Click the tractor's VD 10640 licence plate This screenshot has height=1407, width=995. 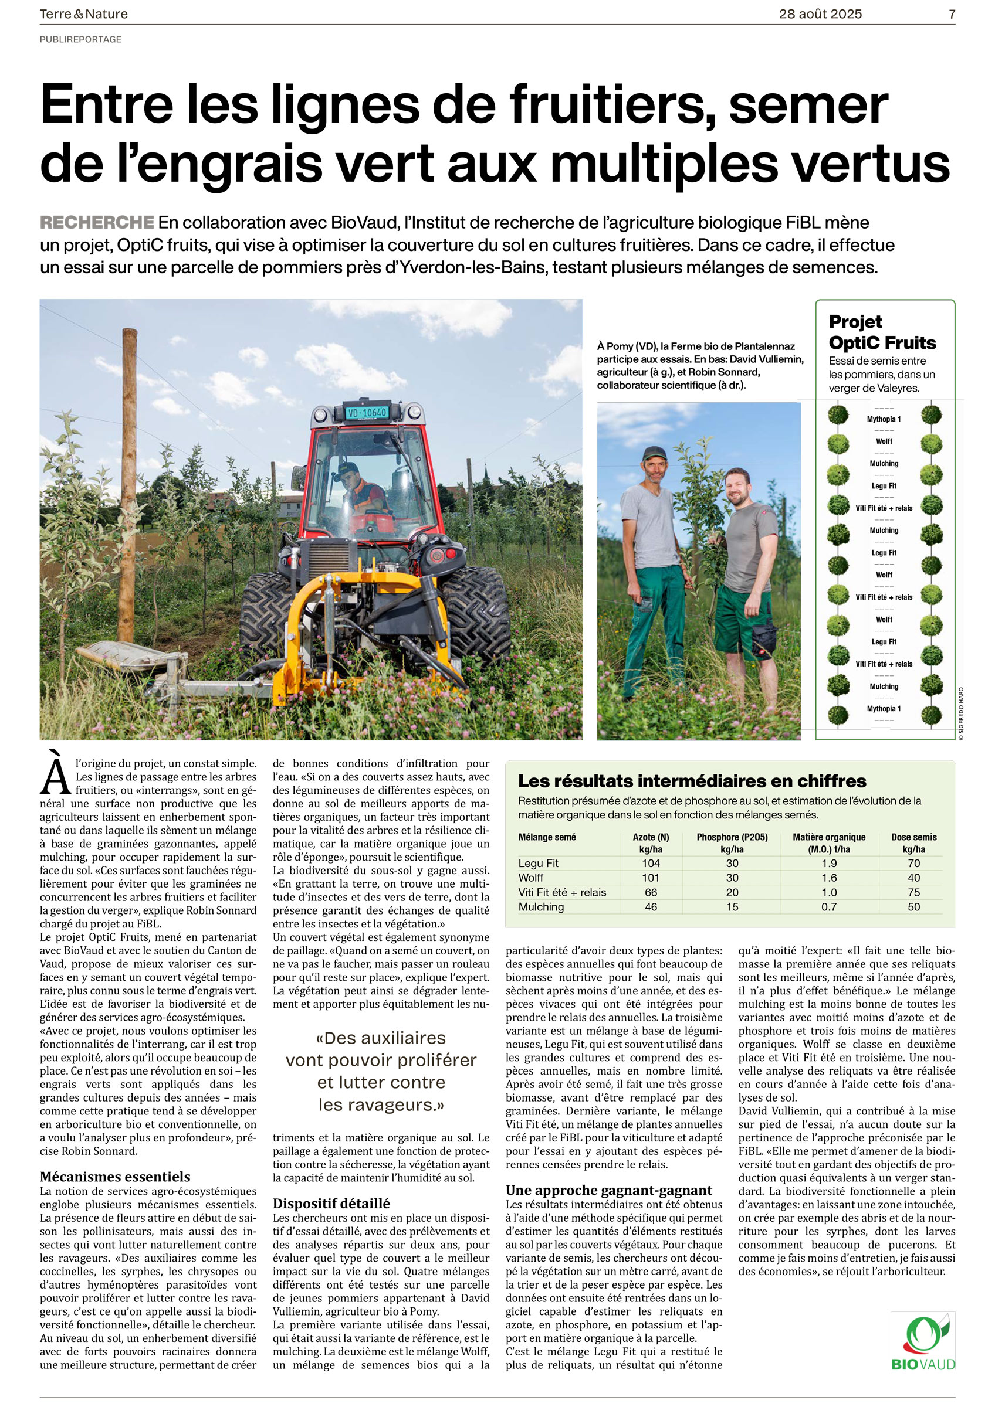point(367,413)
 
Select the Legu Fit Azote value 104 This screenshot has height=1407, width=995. point(651,864)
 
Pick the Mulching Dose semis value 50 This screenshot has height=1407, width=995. point(913,907)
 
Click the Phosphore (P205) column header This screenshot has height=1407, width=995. point(732,837)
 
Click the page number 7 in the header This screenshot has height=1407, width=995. point(952,14)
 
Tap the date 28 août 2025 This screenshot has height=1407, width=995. point(820,14)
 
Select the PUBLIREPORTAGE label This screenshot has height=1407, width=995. point(81,39)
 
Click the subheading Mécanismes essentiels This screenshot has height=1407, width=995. point(115,1177)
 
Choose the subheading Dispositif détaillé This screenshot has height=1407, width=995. point(331,1204)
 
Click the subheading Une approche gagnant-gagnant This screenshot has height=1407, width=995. point(609,1190)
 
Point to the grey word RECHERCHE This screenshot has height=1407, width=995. point(97,222)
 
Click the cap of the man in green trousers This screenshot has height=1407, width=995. point(654,454)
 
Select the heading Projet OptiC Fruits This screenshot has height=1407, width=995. point(882,332)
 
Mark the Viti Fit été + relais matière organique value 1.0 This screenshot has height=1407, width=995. point(829,893)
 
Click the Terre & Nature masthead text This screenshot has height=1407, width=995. point(84,14)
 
